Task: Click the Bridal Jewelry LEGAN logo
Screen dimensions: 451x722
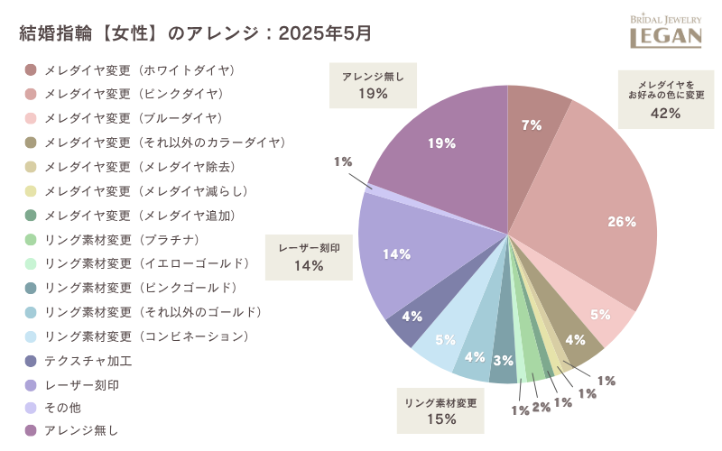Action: (x=666, y=30)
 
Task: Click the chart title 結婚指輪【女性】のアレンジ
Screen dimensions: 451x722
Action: (x=195, y=34)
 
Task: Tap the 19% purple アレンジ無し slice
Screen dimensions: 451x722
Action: (x=442, y=144)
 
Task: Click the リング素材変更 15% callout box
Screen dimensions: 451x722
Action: (x=440, y=410)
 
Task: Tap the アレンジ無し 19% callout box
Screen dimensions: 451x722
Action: (x=373, y=86)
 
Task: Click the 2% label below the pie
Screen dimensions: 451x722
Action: (x=541, y=407)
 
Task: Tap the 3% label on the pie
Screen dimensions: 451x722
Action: (x=504, y=361)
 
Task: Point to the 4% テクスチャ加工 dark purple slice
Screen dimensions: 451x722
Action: (x=412, y=318)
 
